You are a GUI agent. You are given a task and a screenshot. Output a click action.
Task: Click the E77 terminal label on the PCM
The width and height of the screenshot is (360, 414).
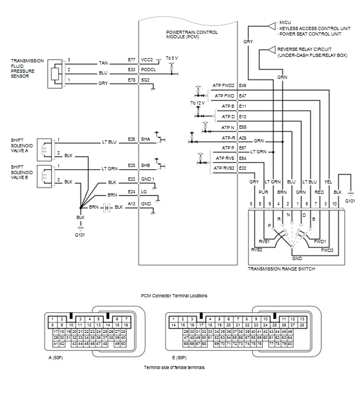[x=131, y=60]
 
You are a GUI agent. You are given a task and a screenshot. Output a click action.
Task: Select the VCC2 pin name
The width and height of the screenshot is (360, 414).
[x=147, y=60]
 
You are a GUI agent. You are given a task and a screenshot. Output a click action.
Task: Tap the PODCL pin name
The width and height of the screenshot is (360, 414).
[x=149, y=70]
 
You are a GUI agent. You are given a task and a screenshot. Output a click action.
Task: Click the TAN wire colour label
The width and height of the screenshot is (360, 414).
[x=103, y=63]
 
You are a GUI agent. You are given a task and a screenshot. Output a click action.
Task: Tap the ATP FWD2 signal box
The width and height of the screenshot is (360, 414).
[x=223, y=85]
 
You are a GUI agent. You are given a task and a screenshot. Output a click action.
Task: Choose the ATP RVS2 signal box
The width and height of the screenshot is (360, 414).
[x=224, y=168]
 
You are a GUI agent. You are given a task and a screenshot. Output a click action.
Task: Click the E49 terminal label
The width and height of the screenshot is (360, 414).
[x=243, y=85]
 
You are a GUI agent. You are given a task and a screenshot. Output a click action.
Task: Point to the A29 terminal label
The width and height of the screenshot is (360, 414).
[x=243, y=138]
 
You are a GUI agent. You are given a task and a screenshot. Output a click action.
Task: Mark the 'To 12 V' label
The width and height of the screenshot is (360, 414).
[x=198, y=102]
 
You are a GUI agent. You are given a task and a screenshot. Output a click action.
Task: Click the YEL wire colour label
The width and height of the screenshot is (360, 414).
[x=328, y=182]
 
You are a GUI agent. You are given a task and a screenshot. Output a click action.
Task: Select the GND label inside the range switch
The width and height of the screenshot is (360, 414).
[x=297, y=258]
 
